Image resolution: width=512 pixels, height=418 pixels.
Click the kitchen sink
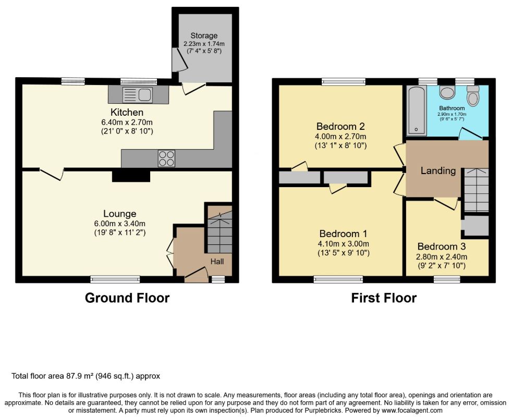tap(137, 95)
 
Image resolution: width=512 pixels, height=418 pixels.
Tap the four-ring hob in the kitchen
tap(166, 158)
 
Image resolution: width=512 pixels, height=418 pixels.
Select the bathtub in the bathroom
tap(417, 110)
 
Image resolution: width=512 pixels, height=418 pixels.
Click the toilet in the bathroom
tap(472, 94)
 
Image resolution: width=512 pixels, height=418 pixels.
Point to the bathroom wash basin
tap(447, 92)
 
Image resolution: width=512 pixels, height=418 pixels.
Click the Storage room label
tap(204, 35)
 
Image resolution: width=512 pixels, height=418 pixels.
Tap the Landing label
tap(438, 170)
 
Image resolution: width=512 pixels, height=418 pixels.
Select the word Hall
tap(217, 261)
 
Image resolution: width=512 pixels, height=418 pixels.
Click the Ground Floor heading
tap(127, 298)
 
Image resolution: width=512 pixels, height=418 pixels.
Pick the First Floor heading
tap(384, 298)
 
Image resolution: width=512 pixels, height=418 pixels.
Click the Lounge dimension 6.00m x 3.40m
tap(119, 224)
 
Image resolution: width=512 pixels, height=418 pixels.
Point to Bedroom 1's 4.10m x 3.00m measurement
tap(344, 243)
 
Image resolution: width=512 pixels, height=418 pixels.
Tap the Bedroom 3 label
tap(442, 247)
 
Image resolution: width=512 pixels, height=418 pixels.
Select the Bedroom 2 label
tap(340, 126)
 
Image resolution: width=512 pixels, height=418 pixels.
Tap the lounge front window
tap(115, 279)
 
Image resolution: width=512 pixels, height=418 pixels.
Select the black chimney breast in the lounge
tap(131, 176)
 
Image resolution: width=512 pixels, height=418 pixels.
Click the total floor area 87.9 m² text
tap(86, 376)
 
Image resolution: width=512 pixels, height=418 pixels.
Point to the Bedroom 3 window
tap(447, 279)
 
